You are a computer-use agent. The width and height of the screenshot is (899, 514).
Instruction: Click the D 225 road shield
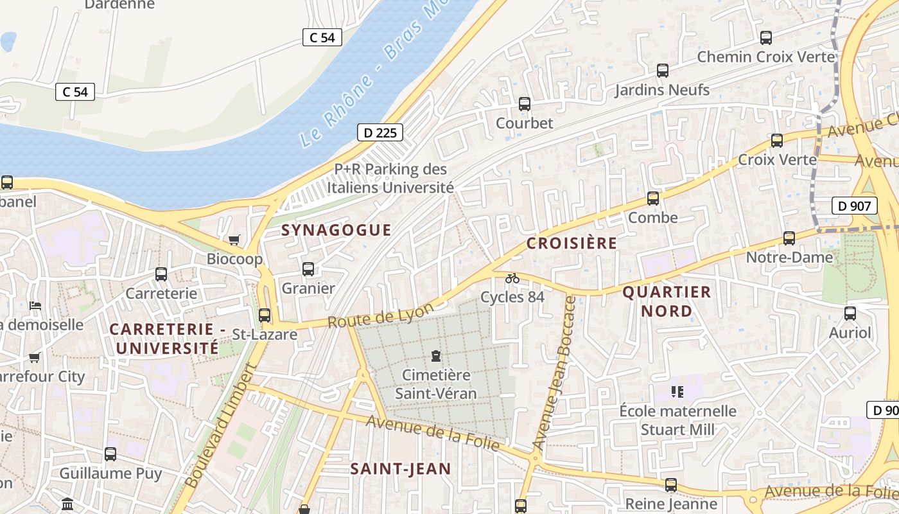click(380, 133)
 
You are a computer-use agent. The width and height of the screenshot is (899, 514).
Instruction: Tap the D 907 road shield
click(854, 206)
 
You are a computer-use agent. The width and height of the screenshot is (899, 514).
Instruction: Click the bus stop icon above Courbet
click(525, 103)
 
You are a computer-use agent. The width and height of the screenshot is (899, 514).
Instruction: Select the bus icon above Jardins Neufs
click(663, 71)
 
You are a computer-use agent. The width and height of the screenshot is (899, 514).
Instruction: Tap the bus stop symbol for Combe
click(653, 199)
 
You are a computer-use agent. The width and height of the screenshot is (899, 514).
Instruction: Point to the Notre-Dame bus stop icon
click(789, 238)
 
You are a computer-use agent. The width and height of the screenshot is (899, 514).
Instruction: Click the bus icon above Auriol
click(850, 314)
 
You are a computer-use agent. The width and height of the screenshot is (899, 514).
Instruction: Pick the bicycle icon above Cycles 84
click(512, 278)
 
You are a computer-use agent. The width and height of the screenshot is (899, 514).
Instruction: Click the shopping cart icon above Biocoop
click(234, 240)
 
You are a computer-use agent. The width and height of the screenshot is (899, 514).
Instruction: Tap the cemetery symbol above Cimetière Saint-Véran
click(436, 355)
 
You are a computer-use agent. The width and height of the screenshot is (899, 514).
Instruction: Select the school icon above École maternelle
click(677, 391)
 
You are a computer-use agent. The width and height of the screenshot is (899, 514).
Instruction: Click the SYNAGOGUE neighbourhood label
click(336, 230)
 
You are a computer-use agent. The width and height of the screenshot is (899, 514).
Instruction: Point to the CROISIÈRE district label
click(572, 244)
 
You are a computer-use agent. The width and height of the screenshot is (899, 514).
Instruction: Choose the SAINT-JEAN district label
click(401, 469)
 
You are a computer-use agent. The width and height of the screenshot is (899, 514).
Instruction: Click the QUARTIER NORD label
click(667, 301)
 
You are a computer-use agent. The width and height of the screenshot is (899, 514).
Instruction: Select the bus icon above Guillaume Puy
click(110, 454)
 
